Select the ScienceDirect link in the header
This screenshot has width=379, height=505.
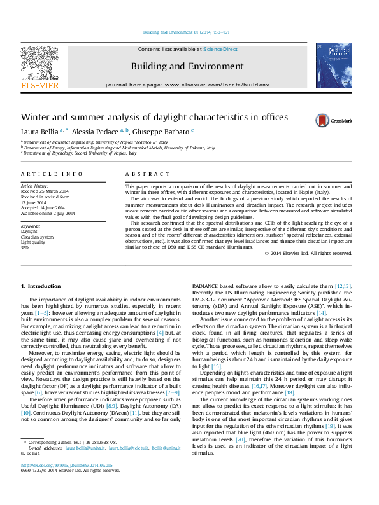pos(220,49)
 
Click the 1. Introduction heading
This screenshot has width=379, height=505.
pos(41,286)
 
